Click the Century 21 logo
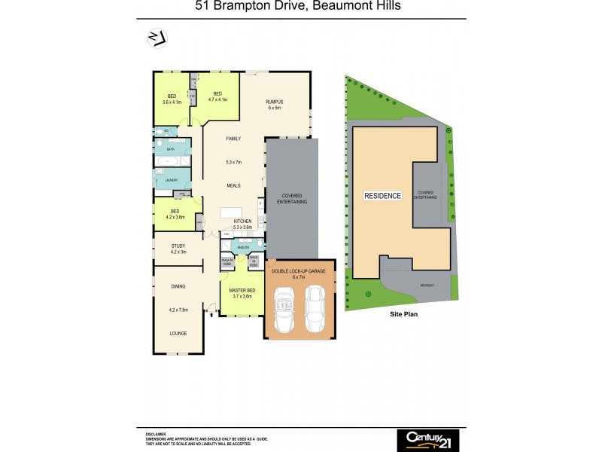427,438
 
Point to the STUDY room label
178,246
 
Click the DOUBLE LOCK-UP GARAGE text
299,271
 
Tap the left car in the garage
285,309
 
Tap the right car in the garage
315,309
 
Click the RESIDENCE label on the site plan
382,195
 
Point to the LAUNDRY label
171,181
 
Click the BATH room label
171,150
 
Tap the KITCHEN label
242,220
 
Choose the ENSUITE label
243,246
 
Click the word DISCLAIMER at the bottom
156,435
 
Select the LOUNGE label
178,333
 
